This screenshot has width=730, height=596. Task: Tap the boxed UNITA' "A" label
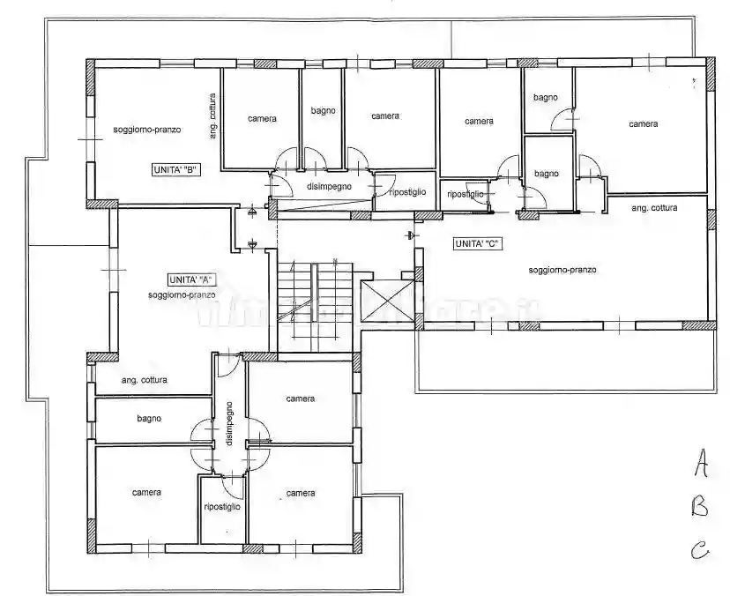point(191,279)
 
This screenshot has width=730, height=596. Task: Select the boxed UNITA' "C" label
point(478,243)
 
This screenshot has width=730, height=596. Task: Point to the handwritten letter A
point(700,460)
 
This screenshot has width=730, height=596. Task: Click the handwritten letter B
point(700,506)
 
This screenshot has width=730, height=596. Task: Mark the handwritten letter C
point(700,552)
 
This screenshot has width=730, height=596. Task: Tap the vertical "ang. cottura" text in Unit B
point(212,116)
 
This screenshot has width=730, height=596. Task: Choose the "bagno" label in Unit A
point(149,419)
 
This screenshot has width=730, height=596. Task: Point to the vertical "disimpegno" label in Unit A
point(228,424)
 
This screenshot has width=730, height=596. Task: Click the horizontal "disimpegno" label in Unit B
point(330,186)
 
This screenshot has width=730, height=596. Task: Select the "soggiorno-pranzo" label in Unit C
point(562,270)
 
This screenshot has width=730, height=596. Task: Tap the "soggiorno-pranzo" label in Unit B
point(147,130)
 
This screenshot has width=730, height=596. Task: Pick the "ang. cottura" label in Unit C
point(655,208)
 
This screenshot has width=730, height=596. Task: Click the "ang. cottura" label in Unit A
point(145,380)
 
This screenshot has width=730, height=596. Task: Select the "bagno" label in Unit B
point(321,111)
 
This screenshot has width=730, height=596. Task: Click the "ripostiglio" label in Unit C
point(466,194)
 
